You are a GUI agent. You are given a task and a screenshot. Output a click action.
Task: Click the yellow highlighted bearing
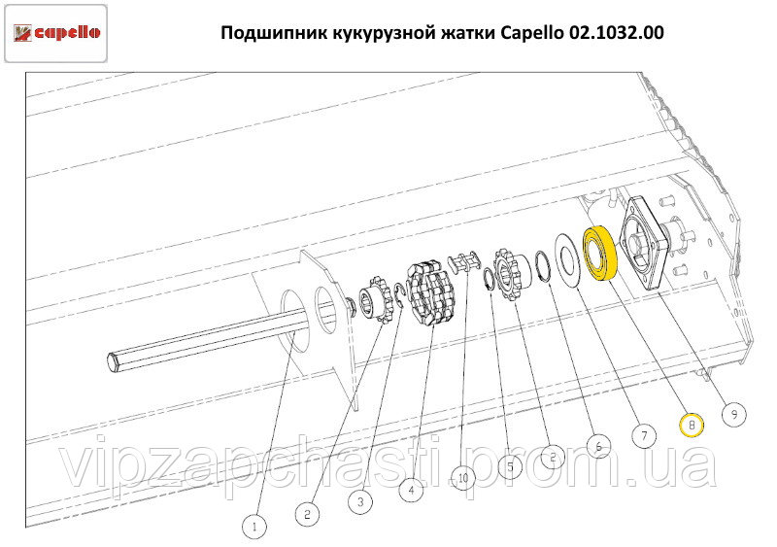coord(599,254)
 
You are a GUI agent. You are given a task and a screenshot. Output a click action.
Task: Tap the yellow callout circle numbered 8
coord(692,425)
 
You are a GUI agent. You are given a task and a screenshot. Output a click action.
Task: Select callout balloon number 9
coord(734,414)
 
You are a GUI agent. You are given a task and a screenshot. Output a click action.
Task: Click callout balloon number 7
coord(644,436)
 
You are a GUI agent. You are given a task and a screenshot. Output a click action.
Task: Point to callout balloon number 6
coord(598,446)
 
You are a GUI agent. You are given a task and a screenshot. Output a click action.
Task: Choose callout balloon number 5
coord(511,466)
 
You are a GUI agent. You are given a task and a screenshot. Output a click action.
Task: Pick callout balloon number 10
coord(463,478)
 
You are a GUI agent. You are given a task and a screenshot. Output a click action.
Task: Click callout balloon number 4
coord(411,490)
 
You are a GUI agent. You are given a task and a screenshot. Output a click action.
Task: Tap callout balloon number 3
coord(360,502)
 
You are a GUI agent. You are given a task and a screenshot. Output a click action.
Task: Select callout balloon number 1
coord(254,527)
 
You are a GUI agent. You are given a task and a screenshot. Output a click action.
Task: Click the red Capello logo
coord(56,33)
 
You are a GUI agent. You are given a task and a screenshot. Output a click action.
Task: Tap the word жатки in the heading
coord(468,33)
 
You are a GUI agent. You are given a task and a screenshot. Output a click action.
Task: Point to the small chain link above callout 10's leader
coord(464,260)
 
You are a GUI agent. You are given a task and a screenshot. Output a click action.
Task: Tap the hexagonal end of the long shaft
coord(115,360)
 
